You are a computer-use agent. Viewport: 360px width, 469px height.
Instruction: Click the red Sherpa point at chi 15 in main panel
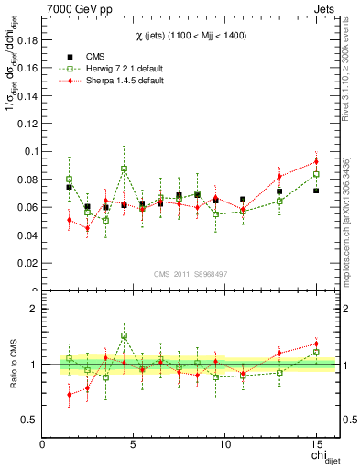pyautogui.click(x=316, y=161)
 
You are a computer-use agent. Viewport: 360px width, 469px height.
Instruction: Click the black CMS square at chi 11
pyautogui.click(x=243, y=199)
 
